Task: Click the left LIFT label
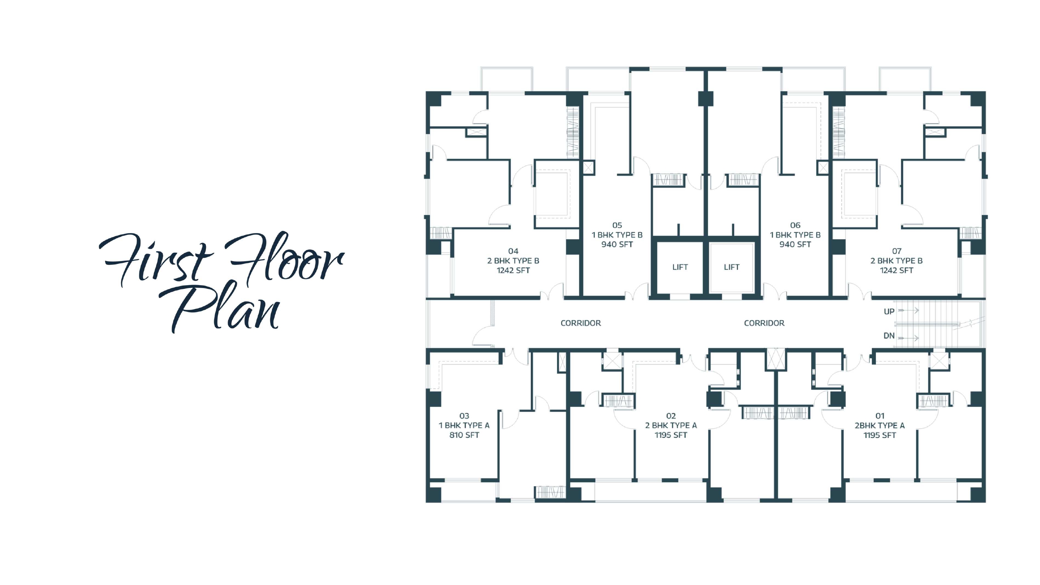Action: pyautogui.click(x=680, y=267)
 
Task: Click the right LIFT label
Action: pyautogui.click(x=731, y=267)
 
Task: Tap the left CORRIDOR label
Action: pyautogui.click(x=581, y=323)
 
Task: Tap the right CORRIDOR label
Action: pyautogui.click(x=764, y=323)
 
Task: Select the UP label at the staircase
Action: pyautogui.click(x=889, y=311)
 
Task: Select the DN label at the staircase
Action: pyautogui.click(x=889, y=335)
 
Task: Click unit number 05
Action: pyautogui.click(x=617, y=225)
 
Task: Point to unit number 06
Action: pyautogui.click(x=795, y=225)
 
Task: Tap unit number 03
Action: pyautogui.click(x=464, y=416)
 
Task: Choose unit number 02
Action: pyautogui.click(x=671, y=416)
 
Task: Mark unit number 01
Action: pyautogui.click(x=880, y=416)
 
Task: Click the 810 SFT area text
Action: pyautogui.click(x=464, y=435)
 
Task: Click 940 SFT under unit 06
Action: pyautogui.click(x=795, y=244)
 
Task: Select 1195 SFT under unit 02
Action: pyautogui.click(x=671, y=435)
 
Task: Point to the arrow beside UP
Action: pyautogui.click(x=908, y=311)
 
